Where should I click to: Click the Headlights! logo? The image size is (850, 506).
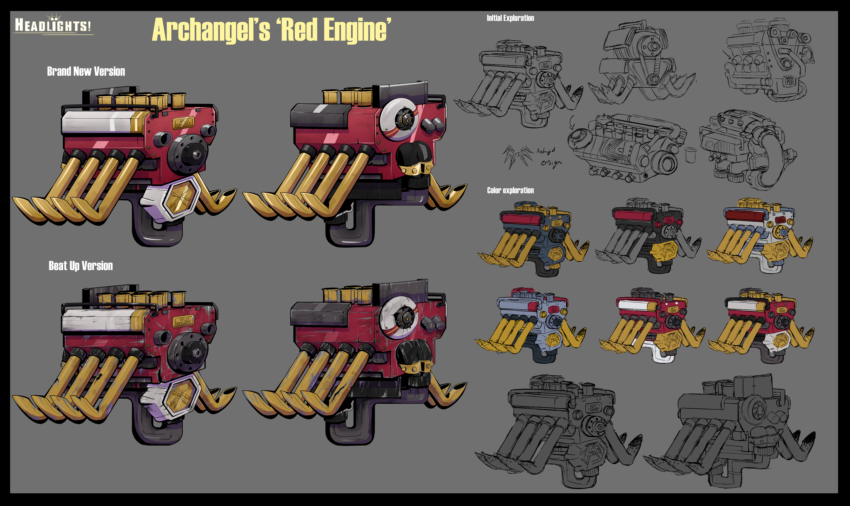(53, 25)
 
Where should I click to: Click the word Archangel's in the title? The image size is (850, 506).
(211, 31)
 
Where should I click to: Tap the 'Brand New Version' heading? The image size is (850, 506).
(86, 71)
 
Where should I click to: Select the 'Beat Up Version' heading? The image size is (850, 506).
(81, 266)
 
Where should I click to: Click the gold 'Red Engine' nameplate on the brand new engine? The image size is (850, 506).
(184, 123)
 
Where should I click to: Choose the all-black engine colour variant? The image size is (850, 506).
(648, 235)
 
